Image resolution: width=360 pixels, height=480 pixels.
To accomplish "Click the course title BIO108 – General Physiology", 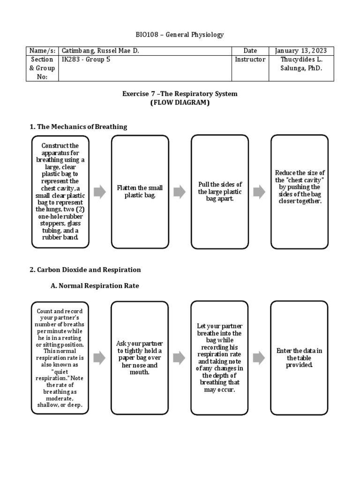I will coord(180,35).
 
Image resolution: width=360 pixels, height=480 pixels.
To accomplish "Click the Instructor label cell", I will coord(250,60).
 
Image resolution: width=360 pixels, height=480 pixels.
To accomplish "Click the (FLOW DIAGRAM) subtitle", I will coord(180,103).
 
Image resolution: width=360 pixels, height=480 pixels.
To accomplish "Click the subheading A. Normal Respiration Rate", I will coord(94,285).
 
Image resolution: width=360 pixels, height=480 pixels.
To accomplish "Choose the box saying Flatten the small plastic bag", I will coord(140,191).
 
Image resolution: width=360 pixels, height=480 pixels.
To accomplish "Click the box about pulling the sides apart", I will coord(219,191).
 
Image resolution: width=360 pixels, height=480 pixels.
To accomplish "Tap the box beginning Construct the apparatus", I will coord(60,191).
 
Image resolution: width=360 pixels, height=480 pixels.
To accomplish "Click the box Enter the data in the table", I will coord(300,358).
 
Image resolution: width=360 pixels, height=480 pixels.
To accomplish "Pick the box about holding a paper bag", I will coord(140,358).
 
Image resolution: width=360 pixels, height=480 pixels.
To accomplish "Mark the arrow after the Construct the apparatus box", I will coord(100,191).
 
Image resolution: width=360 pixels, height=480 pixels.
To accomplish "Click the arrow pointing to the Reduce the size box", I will coord(259,191).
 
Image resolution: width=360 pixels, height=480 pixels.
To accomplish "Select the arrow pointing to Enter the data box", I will coord(259,358).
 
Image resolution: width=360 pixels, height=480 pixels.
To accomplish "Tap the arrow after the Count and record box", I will coord(100,358).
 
